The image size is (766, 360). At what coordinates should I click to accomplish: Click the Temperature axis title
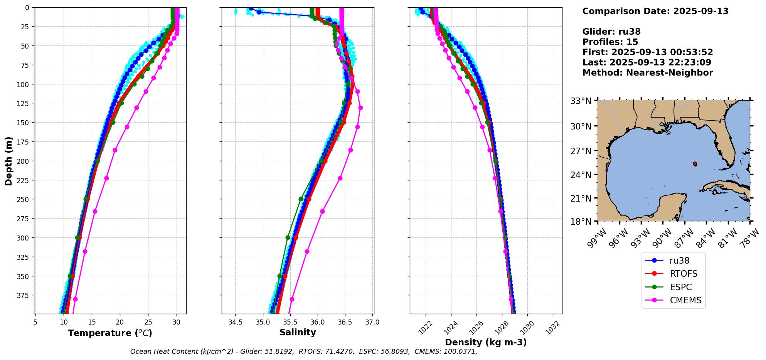pos(110,333)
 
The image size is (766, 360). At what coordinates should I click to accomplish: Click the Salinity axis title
pos(298,332)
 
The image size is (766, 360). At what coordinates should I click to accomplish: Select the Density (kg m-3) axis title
pos(486,342)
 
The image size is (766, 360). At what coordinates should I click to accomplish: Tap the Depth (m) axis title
pos(8,161)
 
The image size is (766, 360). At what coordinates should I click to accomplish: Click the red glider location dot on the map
pos(695,164)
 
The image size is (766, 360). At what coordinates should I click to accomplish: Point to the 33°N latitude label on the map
pos(581,101)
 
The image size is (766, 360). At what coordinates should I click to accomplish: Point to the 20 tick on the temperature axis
pos(120,322)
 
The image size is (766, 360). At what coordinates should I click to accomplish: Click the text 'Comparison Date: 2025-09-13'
pos(655,11)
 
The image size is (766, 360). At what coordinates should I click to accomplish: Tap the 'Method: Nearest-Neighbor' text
pos(648,73)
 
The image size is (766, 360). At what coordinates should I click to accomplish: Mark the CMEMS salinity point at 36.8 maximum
pos(360,108)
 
